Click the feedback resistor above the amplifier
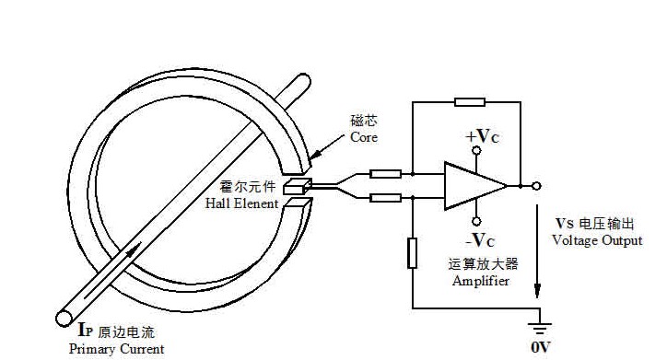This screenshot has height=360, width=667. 470,102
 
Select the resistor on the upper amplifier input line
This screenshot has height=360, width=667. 385,174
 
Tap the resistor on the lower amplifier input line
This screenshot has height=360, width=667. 385,198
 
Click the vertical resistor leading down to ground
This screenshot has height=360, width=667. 412,253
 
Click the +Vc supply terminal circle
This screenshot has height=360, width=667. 477,150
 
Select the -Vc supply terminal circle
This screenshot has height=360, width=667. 477,222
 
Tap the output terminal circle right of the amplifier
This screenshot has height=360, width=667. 537,186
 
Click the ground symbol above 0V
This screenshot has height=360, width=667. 540,329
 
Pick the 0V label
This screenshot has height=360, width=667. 541,347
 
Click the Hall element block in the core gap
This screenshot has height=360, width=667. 298,187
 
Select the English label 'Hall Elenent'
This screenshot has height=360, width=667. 241,203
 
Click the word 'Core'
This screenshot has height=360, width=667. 364,137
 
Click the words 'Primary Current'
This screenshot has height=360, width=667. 117,349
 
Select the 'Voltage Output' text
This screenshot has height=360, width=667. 597,240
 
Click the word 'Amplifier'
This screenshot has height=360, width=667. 481,281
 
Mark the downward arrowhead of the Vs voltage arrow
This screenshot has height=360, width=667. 537,291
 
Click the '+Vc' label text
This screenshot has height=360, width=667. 482,136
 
